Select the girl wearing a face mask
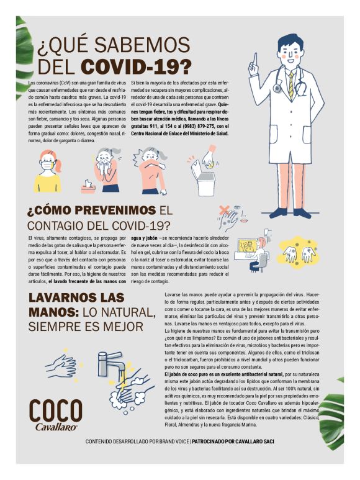click(48, 170)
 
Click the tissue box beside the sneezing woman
click(88, 186)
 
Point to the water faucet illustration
click(114, 363)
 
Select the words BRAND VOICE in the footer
click(169, 442)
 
